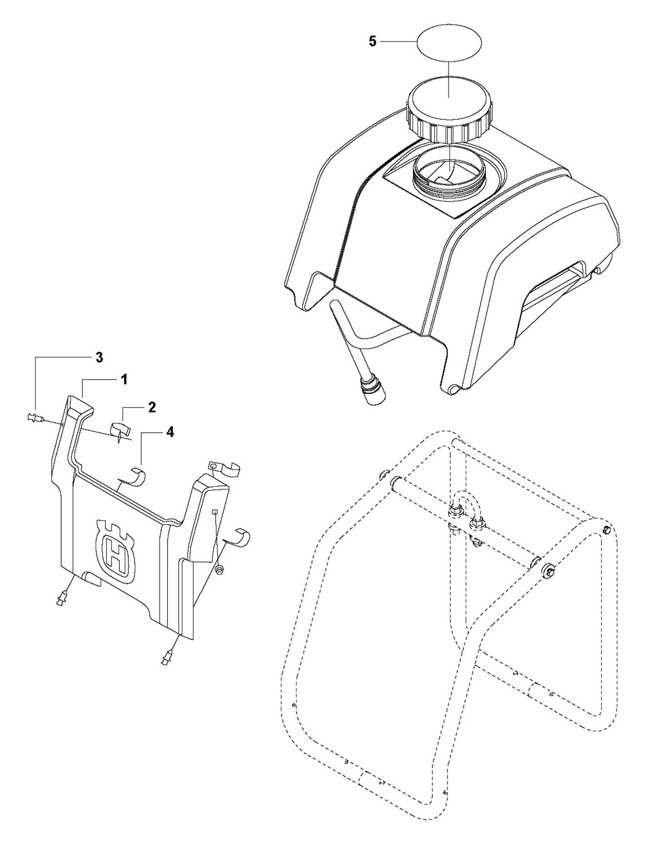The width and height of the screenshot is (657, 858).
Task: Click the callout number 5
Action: click(x=372, y=42)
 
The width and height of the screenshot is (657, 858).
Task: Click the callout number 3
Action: click(x=99, y=358)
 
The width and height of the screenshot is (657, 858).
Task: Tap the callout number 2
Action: click(x=152, y=407)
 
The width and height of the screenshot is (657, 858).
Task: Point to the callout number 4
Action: click(x=169, y=432)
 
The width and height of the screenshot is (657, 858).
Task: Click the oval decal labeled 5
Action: click(x=449, y=41)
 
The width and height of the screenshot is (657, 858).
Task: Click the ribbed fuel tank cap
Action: click(x=449, y=111)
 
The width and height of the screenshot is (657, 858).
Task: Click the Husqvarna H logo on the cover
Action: click(x=116, y=551)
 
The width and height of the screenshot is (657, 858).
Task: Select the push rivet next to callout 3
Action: click(x=34, y=416)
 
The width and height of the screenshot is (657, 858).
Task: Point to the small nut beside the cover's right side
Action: click(x=220, y=569)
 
